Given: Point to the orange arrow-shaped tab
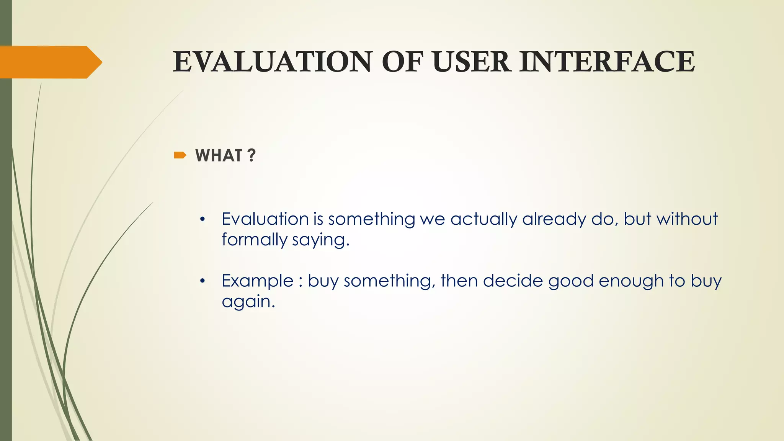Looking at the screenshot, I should click(x=50, y=62).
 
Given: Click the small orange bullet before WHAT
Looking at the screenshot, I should click(x=180, y=155).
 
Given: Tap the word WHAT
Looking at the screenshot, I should click(x=219, y=155).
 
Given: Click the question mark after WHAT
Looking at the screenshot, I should click(x=251, y=155).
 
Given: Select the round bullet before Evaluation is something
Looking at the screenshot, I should click(x=203, y=220).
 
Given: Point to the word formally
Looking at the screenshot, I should click(x=254, y=240).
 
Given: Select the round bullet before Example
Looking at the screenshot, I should click(x=203, y=281).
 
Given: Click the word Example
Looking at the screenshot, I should click(x=257, y=281).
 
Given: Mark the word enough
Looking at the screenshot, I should click(x=631, y=281).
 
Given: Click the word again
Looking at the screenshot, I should click(x=248, y=302).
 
